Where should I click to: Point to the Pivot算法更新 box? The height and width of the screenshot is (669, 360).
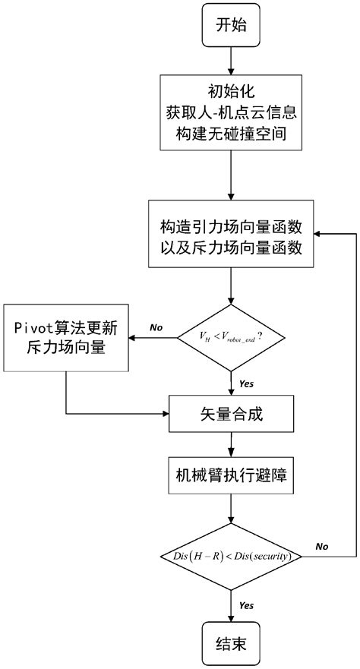tap(66, 338)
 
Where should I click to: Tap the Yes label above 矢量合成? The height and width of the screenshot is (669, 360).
tap(246, 383)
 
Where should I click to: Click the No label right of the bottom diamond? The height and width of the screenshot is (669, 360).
tap(321, 546)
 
